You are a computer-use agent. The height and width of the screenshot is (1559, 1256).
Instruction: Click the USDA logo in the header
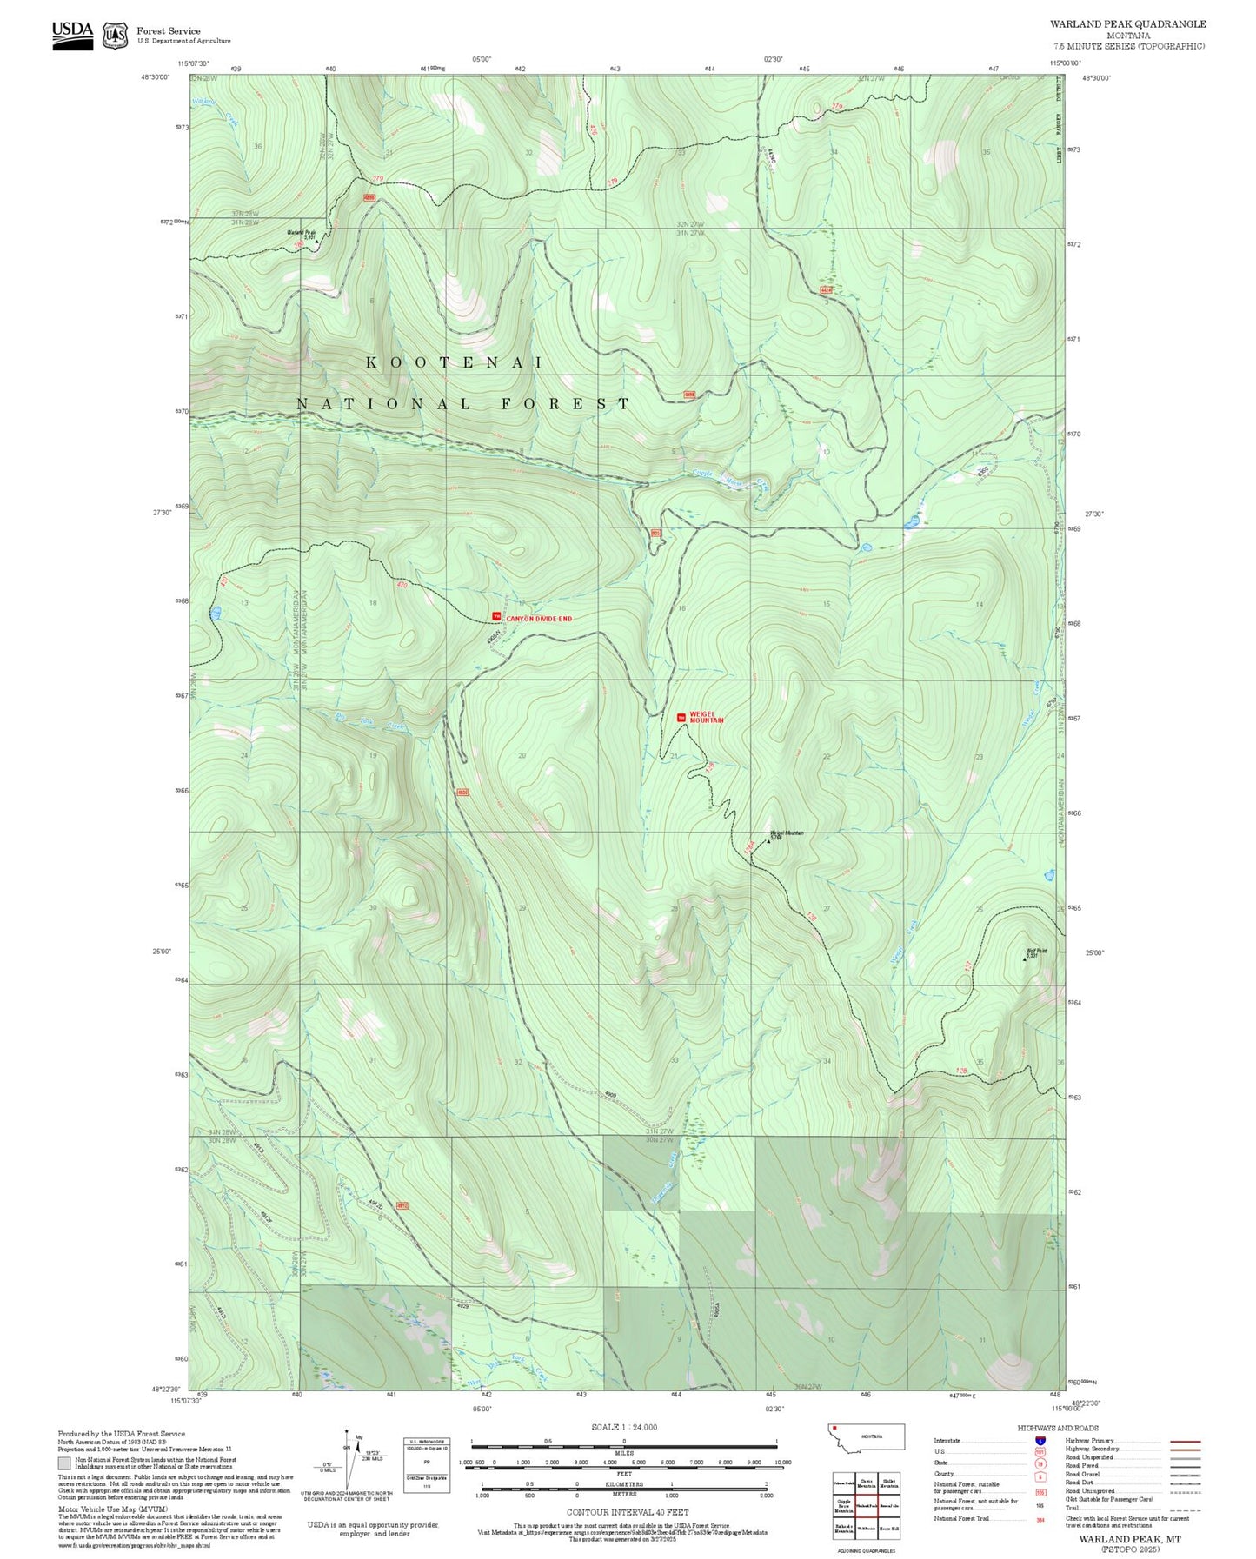(72, 34)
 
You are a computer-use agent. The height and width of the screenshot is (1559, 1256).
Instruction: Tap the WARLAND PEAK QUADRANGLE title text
(1127, 23)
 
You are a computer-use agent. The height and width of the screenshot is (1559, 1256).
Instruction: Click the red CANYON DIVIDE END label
(539, 619)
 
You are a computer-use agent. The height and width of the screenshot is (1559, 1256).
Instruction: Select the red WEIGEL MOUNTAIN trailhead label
(706, 719)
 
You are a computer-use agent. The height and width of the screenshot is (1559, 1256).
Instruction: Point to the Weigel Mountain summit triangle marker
(768, 840)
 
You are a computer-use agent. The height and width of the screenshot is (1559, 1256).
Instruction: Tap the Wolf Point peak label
(1036, 951)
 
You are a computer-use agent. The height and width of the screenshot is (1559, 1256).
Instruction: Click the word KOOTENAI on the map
(454, 362)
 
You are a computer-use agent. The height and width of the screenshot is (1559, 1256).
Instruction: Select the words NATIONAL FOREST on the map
(463, 404)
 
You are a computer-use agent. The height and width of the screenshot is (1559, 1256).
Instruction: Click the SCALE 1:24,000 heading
(624, 1427)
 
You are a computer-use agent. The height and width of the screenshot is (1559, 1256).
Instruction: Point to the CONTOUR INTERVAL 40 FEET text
(627, 1512)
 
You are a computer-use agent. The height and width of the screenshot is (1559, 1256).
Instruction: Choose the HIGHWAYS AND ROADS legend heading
(1058, 1428)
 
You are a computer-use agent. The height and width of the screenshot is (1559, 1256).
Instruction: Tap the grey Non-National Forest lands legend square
(64, 1463)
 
